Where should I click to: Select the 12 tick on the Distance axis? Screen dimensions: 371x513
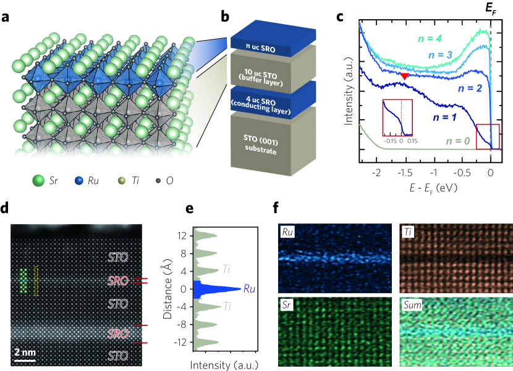(x=182, y=236)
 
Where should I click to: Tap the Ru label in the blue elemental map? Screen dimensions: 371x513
(x=288, y=232)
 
